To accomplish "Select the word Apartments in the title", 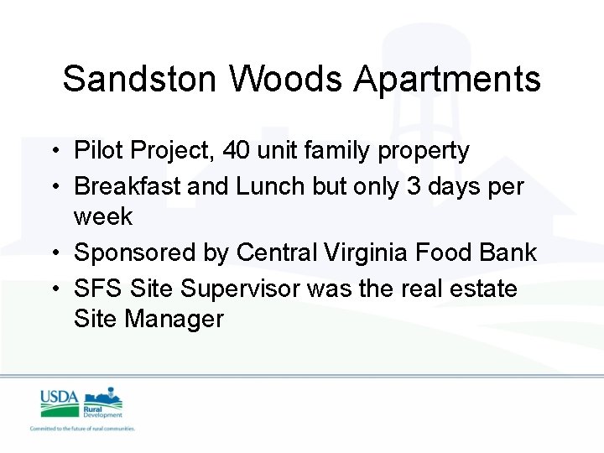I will pos(447,80).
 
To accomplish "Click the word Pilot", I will pos(96,151).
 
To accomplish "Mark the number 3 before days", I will pos(414,186).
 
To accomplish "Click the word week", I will pos(103,216).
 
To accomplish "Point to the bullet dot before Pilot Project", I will pos(55,152).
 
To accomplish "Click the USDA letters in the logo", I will pos(59,397).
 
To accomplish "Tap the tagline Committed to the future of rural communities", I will pos(82,428).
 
